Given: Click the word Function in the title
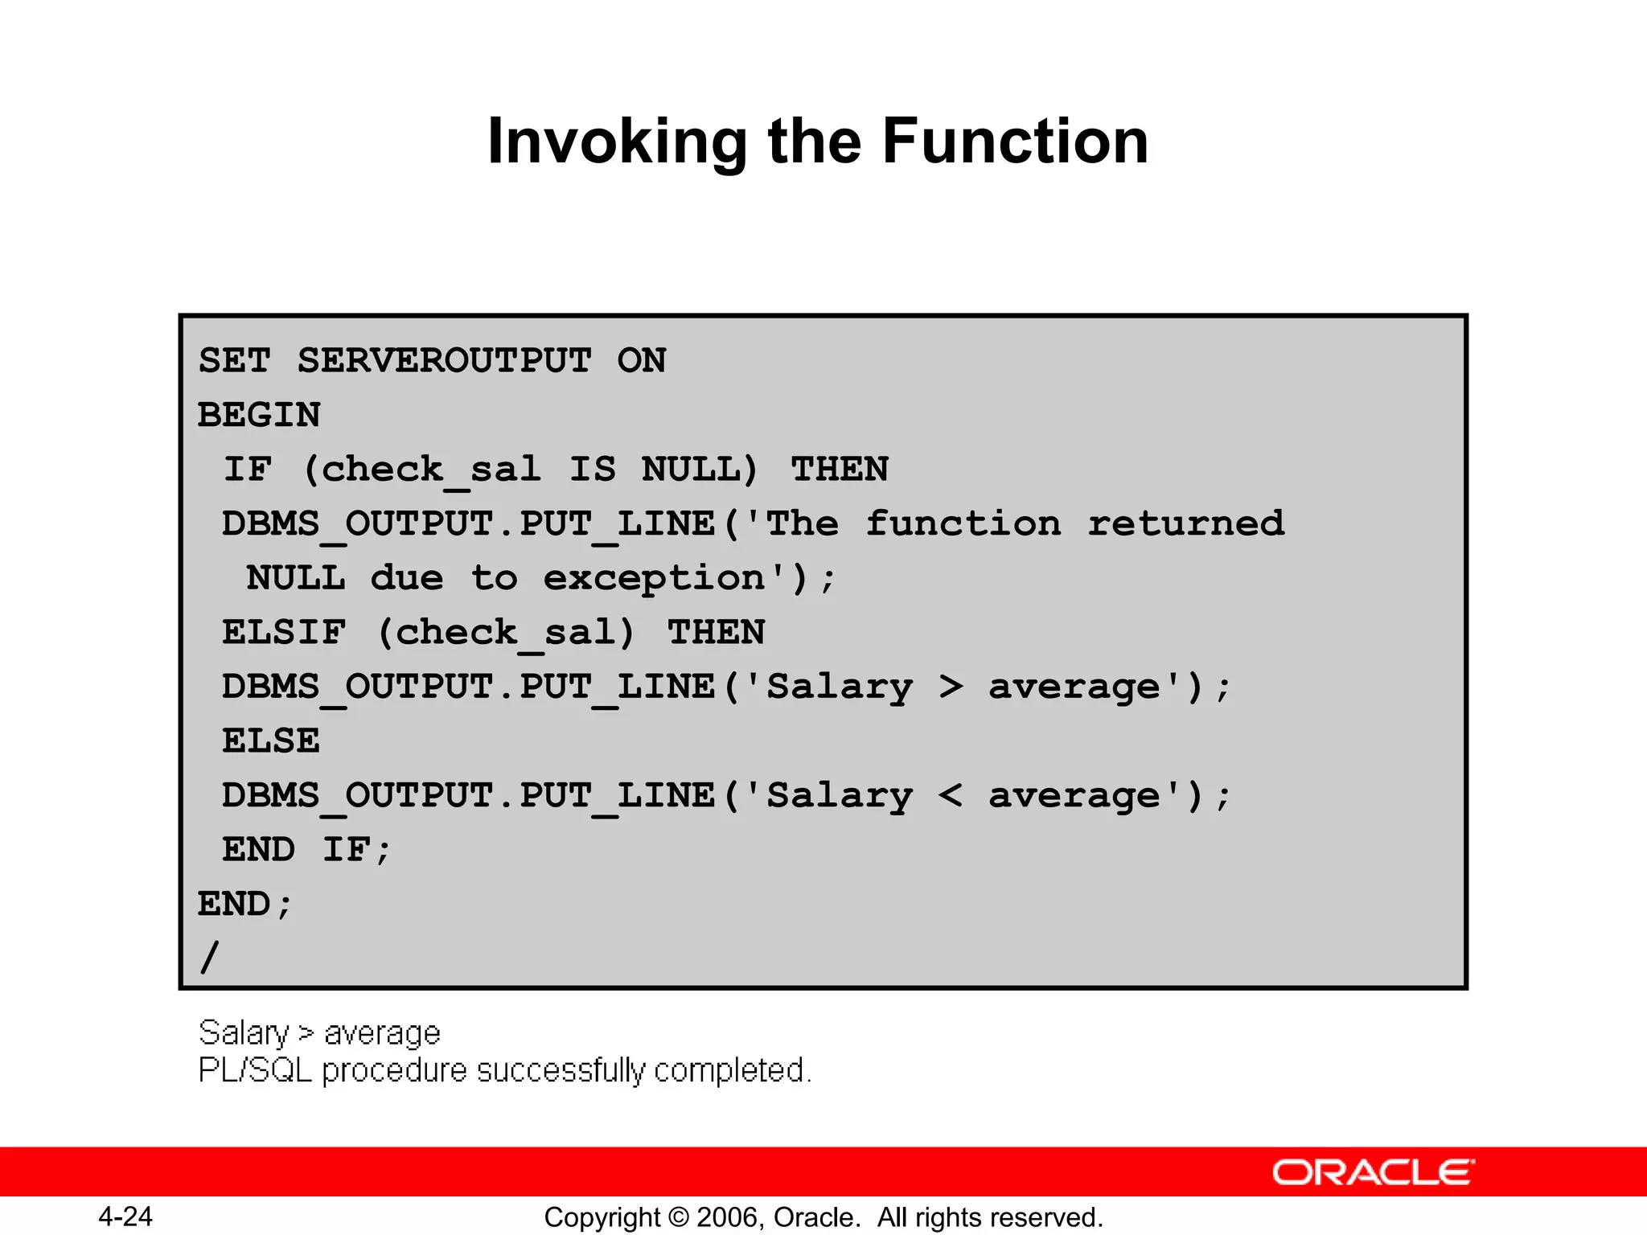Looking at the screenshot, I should [x=1015, y=141].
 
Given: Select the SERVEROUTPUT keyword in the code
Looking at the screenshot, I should [x=444, y=360].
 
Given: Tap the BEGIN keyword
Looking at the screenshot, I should [x=259, y=415].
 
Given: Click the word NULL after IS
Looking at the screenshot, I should [x=699, y=469].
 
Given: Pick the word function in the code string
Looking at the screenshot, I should [x=963, y=523].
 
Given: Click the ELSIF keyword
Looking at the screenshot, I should [x=284, y=632].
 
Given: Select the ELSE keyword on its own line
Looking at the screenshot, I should [x=271, y=741].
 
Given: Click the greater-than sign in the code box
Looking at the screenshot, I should [x=951, y=687].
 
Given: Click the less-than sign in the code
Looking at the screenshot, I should [x=951, y=795].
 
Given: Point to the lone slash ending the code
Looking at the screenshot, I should [x=209, y=957].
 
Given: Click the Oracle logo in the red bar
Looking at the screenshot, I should [x=1373, y=1172].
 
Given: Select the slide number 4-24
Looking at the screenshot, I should [x=125, y=1217].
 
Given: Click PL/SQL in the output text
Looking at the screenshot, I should [x=254, y=1070].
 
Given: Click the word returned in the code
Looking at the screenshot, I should [x=1185, y=523].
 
